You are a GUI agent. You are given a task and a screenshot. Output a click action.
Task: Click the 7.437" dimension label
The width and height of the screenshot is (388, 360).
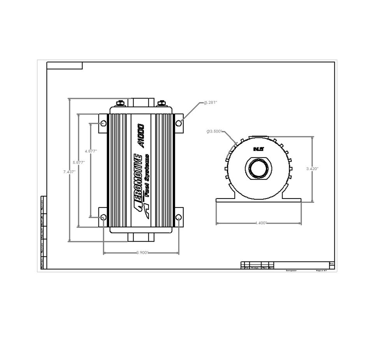(x=69, y=172)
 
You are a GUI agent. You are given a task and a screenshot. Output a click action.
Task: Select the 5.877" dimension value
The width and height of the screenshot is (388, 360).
(x=79, y=162)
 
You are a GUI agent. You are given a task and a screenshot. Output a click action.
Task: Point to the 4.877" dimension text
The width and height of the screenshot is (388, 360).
(x=91, y=151)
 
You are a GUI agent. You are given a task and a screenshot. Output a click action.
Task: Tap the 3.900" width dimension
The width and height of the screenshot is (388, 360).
(x=142, y=253)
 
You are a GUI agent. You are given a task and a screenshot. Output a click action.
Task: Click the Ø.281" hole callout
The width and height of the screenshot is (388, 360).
(x=211, y=102)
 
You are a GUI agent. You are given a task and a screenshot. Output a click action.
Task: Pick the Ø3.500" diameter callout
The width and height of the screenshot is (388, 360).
(x=214, y=132)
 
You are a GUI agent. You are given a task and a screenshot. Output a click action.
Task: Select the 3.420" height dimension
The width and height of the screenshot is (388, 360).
(x=313, y=169)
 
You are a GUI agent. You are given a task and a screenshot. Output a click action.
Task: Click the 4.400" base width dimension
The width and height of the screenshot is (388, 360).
(x=260, y=223)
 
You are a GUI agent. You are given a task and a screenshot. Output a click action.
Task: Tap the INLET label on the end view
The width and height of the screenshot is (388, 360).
(x=258, y=149)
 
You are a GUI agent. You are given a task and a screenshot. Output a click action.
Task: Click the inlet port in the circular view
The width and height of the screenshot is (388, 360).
(x=258, y=169)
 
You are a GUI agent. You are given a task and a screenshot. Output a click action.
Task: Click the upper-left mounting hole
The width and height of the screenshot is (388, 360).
(x=103, y=123)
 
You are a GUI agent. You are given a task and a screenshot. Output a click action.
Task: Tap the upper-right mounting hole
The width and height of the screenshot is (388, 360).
(x=179, y=123)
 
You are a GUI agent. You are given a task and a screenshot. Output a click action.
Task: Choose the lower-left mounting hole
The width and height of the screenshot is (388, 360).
(x=103, y=217)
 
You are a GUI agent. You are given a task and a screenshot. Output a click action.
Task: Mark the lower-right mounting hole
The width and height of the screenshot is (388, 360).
(x=179, y=217)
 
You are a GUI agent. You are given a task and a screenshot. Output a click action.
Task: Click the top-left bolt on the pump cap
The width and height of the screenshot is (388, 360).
(x=121, y=103)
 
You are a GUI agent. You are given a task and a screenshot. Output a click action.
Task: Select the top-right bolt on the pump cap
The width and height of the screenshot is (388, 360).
(x=162, y=103)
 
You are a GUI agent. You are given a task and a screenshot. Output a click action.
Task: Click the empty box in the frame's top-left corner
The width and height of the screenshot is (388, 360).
(x=65, y=65)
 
